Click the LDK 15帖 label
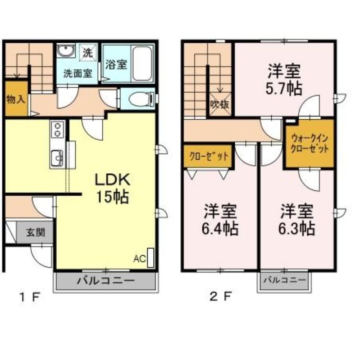click(112, 188)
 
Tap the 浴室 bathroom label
click(116, 64)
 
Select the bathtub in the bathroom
click(142, 63)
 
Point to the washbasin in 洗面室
click(66, 50)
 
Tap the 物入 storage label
click(16, 99)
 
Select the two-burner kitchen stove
click(58, 130)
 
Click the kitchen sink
click(57, 158)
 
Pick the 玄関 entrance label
click(35, 232)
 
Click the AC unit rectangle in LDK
click(150, 258)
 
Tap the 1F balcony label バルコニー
click(106, 280)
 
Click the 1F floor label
click(30, 297)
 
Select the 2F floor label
click(220, 297)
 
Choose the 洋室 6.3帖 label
click(296, 220)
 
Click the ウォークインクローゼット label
click(310, 144)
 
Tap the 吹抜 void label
click(220, 105)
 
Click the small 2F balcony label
click(285, 280)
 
